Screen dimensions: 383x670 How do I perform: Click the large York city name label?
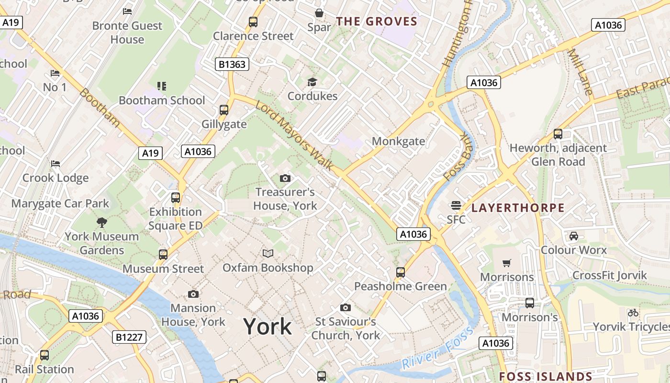point(268,327)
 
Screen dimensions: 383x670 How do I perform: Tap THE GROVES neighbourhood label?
point(377,22)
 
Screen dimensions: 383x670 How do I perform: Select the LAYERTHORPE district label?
point(518,208)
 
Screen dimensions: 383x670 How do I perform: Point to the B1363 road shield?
point(232,64)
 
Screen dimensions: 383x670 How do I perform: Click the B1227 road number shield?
point(130,337)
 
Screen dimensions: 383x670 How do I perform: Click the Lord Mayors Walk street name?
point(294,135)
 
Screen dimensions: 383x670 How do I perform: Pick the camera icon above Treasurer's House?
point(285,179)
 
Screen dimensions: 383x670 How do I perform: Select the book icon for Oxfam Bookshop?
point(268,253)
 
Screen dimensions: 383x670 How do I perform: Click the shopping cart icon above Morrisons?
point(507,263)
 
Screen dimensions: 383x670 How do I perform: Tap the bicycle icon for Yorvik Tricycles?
point(633,313)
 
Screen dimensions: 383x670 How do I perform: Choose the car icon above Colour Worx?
point(573,236)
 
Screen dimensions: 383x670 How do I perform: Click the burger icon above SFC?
point(456,205)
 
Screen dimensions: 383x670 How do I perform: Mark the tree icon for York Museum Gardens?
point(101,222)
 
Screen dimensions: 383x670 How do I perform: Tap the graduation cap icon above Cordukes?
point(312,82)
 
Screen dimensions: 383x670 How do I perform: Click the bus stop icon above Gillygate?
point(223,110)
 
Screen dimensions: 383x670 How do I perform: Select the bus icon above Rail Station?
point(45,355)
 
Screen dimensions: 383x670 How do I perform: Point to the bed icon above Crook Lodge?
point(56,164)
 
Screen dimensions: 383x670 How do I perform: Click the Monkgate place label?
point(398,141)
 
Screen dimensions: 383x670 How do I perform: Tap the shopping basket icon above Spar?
point(319,13)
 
